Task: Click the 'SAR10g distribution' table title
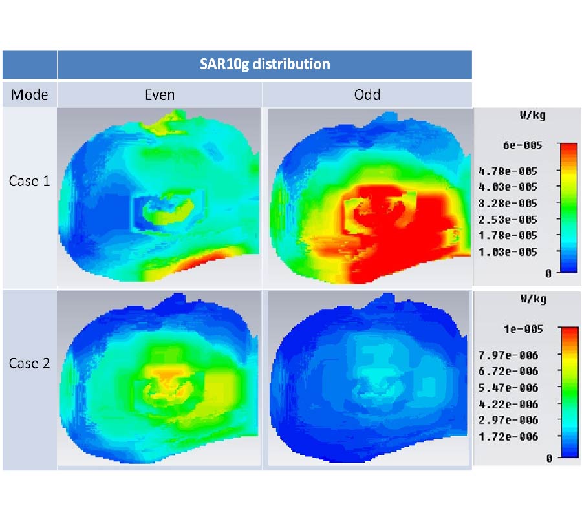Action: pos(264,64)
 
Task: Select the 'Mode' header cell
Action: pos(29,94)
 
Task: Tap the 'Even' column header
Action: pos(159,94)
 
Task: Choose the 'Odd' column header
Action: pos(367,94)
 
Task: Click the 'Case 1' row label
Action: pos(29,181)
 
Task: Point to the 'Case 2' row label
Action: pos(29,363)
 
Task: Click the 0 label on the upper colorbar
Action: pos(548,273)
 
